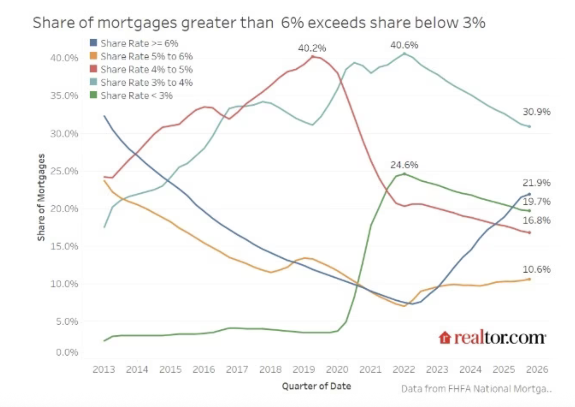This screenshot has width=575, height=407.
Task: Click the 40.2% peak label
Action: point(312,48)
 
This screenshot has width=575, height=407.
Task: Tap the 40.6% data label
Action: point(404,45)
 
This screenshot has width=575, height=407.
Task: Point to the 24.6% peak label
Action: point(404,165)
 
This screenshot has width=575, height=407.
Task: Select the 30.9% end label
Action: point(536,112)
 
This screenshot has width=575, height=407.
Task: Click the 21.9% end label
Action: point(536,183)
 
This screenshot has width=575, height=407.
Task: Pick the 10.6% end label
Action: point(536,269)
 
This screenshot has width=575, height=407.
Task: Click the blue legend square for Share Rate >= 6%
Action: point(94,43)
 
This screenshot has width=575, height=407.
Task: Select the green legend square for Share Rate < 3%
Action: point(94,95)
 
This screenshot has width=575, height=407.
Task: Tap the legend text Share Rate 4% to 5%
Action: point(147,69)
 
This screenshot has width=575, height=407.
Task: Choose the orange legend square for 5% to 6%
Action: point(94,56)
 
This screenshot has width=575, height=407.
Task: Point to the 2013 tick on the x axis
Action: point(104,369)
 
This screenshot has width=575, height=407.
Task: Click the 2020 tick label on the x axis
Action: point(337,369)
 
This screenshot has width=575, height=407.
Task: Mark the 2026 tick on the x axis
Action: point(537,369)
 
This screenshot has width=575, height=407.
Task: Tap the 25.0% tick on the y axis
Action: point(64,171)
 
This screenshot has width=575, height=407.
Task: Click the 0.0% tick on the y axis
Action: point(67,352)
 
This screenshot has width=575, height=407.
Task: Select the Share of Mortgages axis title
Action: point(41,197)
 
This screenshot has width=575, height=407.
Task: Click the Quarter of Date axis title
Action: point(316,386)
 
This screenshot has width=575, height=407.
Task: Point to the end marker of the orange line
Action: point(530,279)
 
